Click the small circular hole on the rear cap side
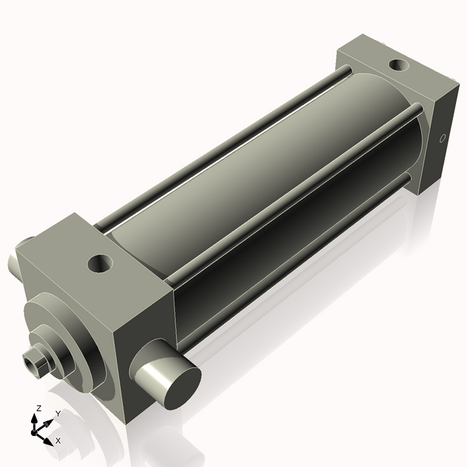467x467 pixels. [x=443, y=140]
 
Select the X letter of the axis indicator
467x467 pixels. [x=58, y=441]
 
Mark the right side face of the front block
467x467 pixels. [x=144, y=342]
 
